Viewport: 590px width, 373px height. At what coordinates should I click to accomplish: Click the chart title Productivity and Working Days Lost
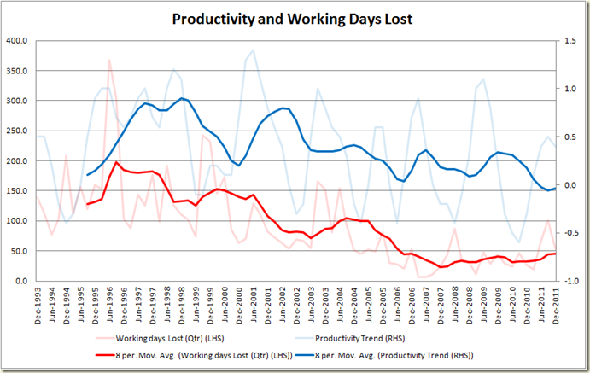[x=295, y=18]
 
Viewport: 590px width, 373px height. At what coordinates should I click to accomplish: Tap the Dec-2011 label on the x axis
[x=556, y=303]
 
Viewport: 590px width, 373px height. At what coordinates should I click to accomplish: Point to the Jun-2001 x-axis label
[x=254, y=303]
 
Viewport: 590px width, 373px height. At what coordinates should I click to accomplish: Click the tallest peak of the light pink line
[x=109, y=59]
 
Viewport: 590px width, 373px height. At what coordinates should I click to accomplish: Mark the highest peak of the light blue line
[x=254, y=50]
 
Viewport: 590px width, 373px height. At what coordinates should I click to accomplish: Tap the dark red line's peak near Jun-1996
[x=117, y=162]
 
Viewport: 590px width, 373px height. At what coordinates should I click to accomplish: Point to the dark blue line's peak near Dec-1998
[x=182, y=98]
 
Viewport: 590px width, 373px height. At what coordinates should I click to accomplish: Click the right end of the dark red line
[x=555, y=253]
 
